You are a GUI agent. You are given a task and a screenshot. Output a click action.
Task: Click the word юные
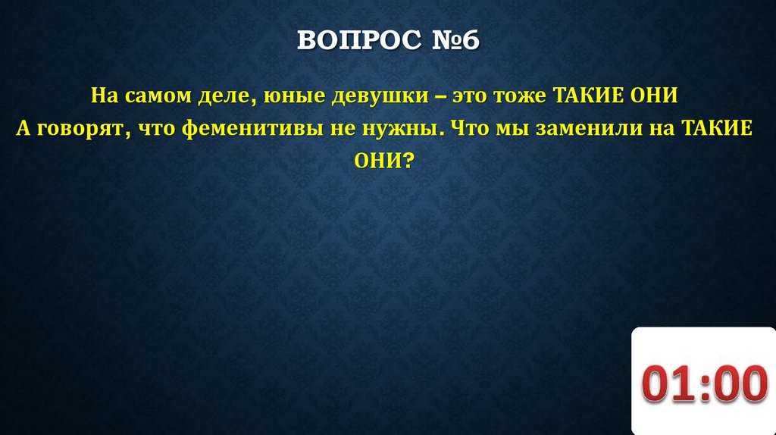tap(286, 98)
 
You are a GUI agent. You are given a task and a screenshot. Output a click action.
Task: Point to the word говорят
tap(82, 129)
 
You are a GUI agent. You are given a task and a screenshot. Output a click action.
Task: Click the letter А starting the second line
tap(24, 129)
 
